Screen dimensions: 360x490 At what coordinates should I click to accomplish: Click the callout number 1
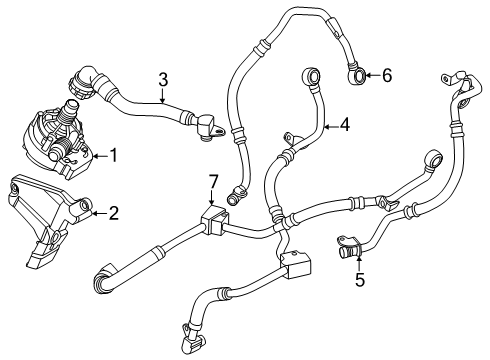point(113,156)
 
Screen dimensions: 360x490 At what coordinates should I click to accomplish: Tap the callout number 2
point(113,212)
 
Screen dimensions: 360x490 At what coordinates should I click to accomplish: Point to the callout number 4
point(344,126)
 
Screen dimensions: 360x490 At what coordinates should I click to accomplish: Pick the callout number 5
point(359,280)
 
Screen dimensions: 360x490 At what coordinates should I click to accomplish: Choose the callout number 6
point(387,73)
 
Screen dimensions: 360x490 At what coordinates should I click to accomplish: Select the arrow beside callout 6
point(372,73)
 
